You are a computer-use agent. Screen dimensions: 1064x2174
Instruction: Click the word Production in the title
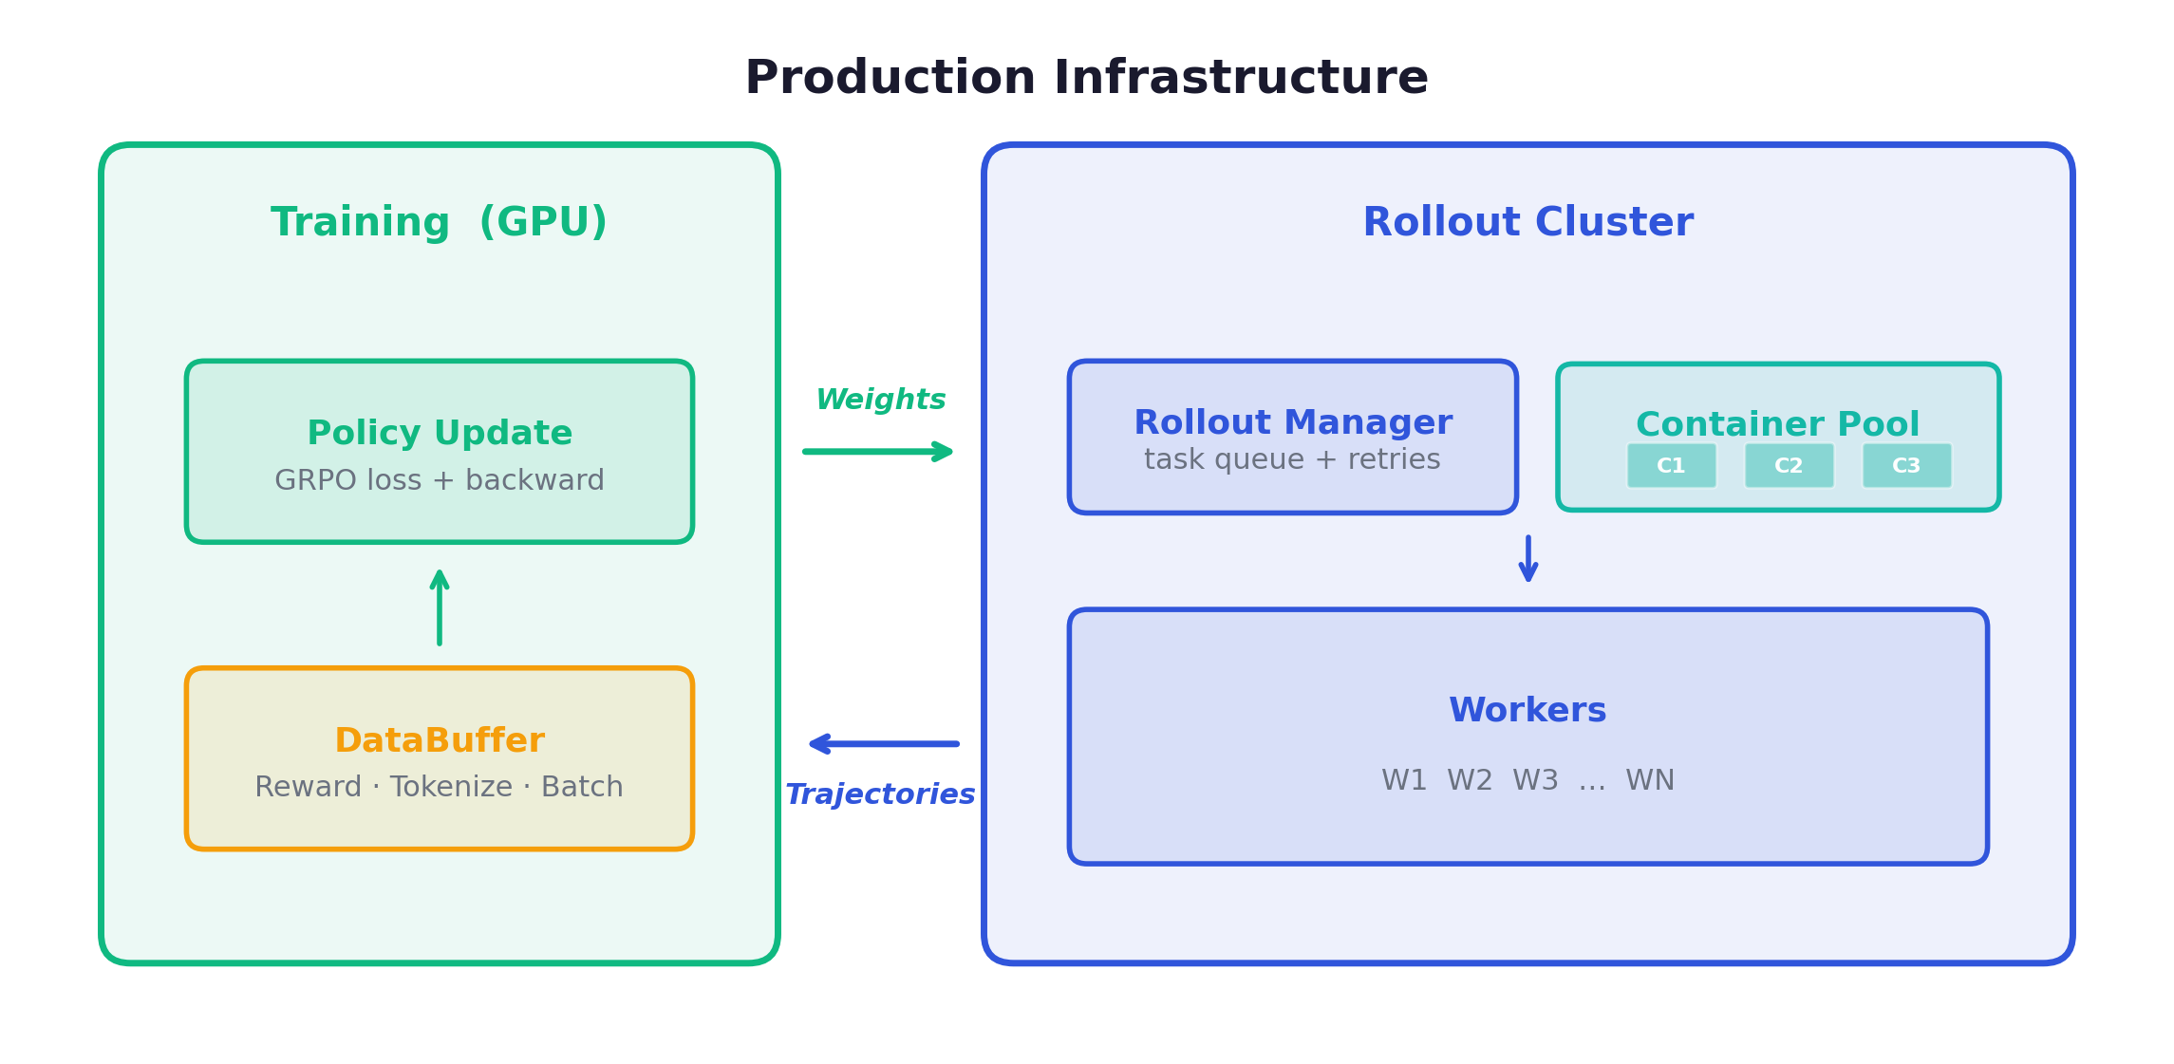[890, 78]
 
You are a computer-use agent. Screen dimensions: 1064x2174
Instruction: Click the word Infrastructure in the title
[1240, 78]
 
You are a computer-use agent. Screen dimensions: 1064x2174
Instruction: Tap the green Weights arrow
[877, 452]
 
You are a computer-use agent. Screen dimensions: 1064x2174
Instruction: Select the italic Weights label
[880, 400]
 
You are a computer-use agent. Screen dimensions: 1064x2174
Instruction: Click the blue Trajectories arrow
[884, 744]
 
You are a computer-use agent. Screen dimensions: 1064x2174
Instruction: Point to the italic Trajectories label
[880, 794]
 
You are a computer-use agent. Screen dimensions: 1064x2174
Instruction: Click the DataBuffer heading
[440, 740]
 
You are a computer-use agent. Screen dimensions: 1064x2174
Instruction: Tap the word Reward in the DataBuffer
[308, 787]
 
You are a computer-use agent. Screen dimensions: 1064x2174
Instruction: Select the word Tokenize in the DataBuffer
[451, 787]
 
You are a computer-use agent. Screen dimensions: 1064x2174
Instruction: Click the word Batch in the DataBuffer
[582, 787]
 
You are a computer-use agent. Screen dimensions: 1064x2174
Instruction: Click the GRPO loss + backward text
[440, 480]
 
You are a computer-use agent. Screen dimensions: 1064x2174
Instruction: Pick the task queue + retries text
[1292, 459]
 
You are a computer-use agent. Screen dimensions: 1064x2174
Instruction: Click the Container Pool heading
[1777, 423]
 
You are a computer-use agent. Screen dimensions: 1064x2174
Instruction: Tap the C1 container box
[1671, 466]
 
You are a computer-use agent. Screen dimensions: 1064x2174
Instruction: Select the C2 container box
[1789, 466]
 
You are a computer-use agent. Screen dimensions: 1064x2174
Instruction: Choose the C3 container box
[1906, 466]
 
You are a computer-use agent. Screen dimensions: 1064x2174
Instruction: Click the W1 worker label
[1404, 780]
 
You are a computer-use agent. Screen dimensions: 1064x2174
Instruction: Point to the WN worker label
[1650, 780]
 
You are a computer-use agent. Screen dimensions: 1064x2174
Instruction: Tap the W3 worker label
[1535, 780]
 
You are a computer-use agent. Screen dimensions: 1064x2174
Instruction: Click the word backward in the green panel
[534, 480]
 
